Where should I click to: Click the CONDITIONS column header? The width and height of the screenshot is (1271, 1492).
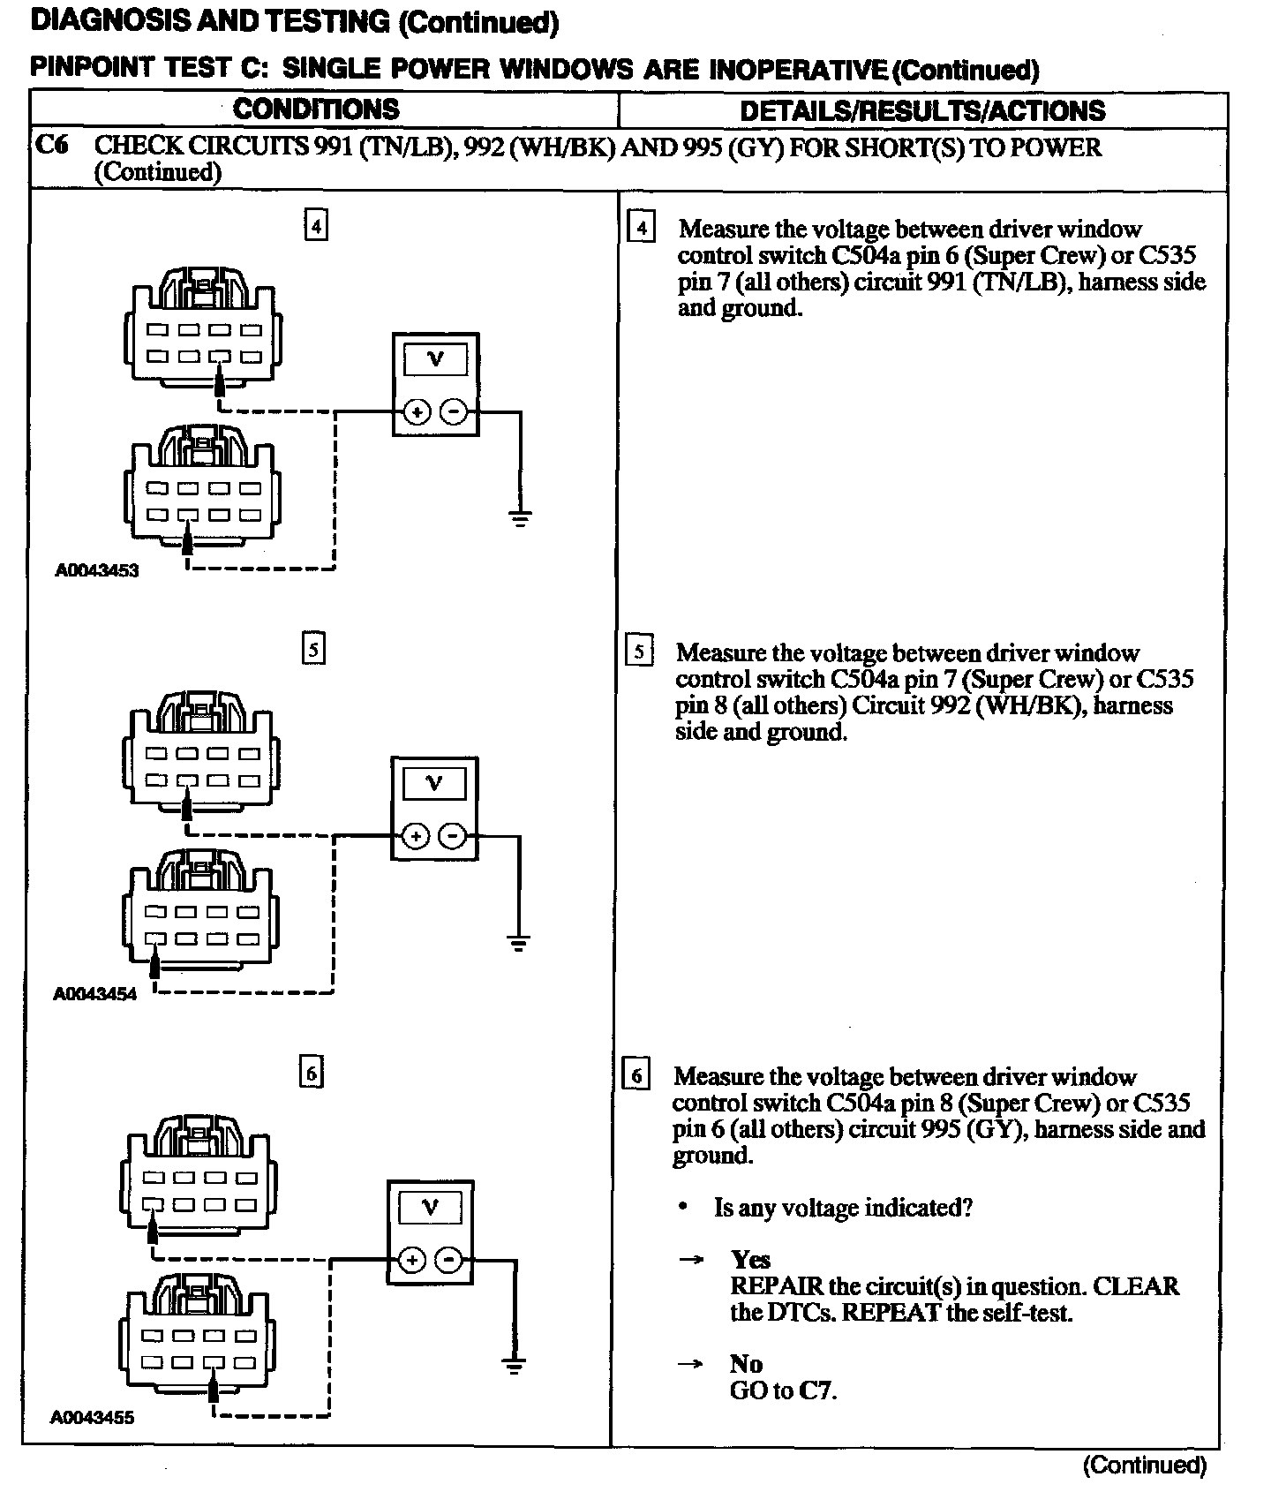pyautogui.click(x=316, y=109)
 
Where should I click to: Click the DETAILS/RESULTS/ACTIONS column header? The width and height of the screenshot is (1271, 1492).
pyautogui.click(x=922, y=110)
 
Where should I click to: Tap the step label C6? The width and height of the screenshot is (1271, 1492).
pyautogui.click(x=51, y=145)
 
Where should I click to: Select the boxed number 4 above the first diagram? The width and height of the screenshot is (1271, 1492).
pyautogui.click(x=315, y=226)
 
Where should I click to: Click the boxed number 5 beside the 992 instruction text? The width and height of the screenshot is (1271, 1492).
pyautogui.click(x=639, y=652)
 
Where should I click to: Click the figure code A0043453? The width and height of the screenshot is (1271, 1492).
pyautogui.click(x=96, y=570)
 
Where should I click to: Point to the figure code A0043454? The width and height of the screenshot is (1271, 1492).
pyautogui.click(x=95, y=994)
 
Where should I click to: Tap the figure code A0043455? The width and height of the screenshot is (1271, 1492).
pyautogui.click(x=93, y=1418)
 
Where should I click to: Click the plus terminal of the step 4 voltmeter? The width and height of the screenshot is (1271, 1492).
pyautogui.click(x=417, y=411)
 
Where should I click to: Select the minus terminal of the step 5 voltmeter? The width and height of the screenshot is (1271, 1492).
pyautogui.click(x=453, y=835)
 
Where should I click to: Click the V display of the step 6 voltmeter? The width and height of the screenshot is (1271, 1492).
pyautogui.click(x=430, y=1207)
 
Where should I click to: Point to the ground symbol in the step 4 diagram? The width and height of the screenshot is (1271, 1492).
pyautogui.click(x=521, y=518)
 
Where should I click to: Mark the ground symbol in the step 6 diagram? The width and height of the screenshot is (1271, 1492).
pyautogui.click(x=514, y=1366)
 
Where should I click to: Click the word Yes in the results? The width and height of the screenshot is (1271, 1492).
pyautogui.click(x=750, y=1259)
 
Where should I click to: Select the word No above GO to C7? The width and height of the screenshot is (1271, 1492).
pyautogui.click(x=745, y=1364)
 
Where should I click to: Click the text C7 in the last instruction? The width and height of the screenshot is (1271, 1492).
pyautogui.click(x=817, y=1390)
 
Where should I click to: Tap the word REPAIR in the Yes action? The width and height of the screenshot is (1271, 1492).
pyautogui.click(x=769, y=1285)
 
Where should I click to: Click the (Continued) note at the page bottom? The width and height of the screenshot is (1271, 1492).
pyautogui.click(x=1144, y=1466)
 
